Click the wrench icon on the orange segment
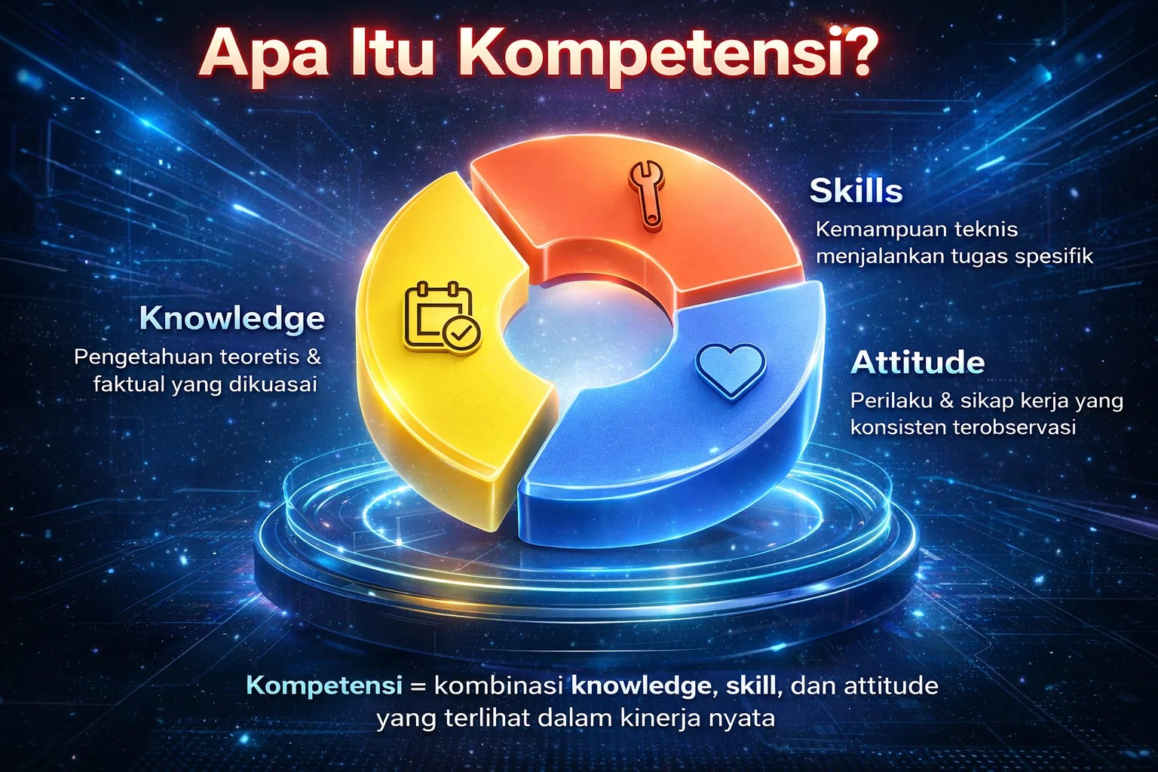(x=646, y=195)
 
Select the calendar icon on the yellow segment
(x=443, y=317)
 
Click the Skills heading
(x=856, y=191)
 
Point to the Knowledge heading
(x=232, y=318)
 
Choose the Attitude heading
(x=918, y=363)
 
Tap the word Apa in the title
(x=264, y=56)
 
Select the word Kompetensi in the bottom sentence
(x=324, y=686)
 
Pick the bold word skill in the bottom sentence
(x=753, y=685)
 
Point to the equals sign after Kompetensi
(x=418, y=688)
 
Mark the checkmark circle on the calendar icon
(x=461, y=335)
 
